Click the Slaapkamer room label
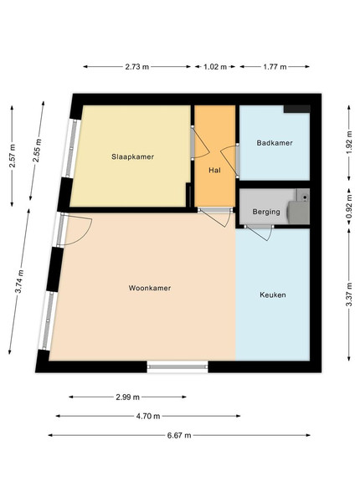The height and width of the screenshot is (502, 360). click(x=132, y=156)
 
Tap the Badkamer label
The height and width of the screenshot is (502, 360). click(x=275, y=143)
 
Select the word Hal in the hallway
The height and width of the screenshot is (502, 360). click(x=214, y=170)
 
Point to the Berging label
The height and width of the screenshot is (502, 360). click(x=266, y=212)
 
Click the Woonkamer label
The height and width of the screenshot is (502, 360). click(x=150, y=288)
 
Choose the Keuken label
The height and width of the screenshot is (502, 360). click(x=273, y=295)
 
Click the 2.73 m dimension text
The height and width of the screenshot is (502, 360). click(x=136, y=67)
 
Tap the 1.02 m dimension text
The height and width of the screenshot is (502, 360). click(x=215, y=67)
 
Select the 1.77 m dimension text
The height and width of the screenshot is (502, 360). click(x=275, y=67)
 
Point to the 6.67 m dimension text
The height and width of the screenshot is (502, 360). click(x=179, y=435)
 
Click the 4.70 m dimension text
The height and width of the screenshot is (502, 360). click(x=148, y=416)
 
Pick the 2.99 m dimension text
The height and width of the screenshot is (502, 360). click(x=127, y=397)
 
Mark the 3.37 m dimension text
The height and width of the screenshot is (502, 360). click(x=349, y=295)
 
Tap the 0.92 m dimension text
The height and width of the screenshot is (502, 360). click(x=349, y=207)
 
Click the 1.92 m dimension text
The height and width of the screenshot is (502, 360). click(x=349, y=142)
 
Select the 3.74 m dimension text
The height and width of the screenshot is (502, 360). click(x=19, y=281)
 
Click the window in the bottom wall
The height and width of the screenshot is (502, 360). click(x=177, y=366)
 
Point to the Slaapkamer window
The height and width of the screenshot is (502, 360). click(x=71, y=148)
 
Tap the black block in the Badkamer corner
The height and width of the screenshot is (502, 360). click(x=297, y=109)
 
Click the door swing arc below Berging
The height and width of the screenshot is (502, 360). click(x=270, y=234)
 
